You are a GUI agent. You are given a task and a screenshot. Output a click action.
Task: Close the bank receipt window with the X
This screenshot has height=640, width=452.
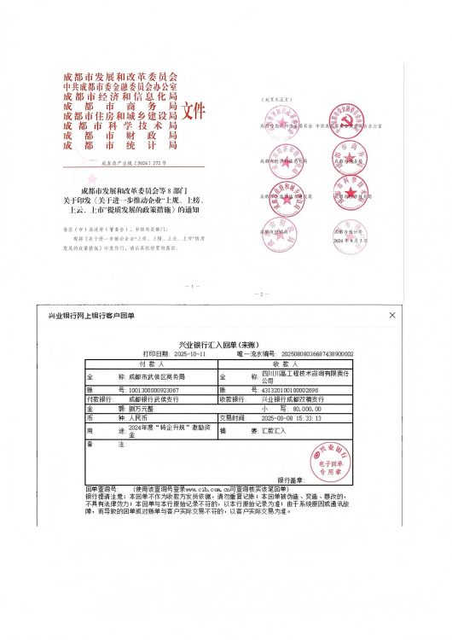tap(392, 315)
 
